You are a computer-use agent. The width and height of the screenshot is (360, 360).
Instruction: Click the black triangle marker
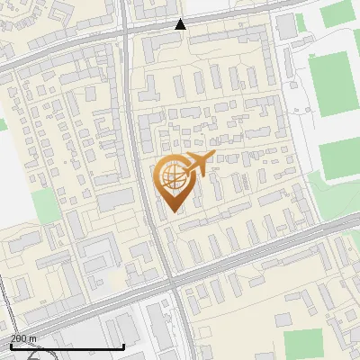click(180, 23)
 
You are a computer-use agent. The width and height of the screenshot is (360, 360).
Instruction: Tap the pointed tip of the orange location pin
click(175, 212)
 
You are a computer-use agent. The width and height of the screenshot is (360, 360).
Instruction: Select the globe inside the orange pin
click(173, 176)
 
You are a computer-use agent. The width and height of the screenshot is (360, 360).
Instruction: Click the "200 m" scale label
click(23, 338)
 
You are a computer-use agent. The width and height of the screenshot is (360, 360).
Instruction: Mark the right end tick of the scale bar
click(123, 346)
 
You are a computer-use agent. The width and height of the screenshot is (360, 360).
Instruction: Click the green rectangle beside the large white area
click(48, 204)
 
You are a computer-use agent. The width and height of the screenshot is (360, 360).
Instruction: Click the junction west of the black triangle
click(127, 30)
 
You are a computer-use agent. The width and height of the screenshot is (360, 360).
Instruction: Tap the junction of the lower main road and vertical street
click(172, 282)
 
